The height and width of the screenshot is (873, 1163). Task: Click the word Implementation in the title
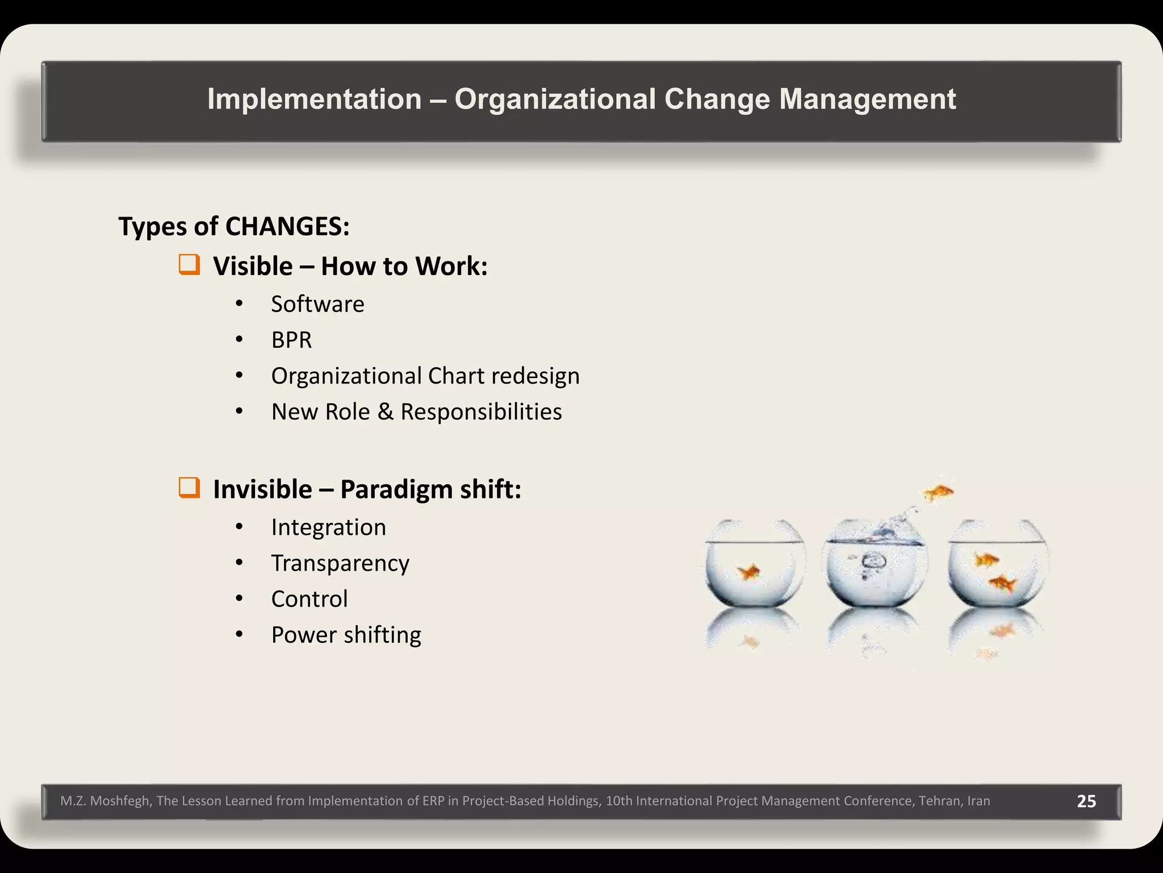point(314,99)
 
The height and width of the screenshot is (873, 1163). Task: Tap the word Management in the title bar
point(867,99)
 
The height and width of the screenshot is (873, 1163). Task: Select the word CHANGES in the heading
point(287,226)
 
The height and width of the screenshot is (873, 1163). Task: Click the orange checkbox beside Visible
point(189,265)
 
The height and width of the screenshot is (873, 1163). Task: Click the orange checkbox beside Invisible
point(189,488)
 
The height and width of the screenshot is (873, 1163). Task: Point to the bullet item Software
point(317,304)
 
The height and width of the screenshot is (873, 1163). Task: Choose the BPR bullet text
point(291,340)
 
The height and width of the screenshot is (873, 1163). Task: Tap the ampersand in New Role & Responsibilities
point(385,411)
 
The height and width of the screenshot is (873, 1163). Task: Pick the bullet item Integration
point(328,527)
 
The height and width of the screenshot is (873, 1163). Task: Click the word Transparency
point(340,563)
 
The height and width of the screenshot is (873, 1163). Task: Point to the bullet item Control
point(309,599)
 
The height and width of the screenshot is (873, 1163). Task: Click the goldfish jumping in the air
point(938,492)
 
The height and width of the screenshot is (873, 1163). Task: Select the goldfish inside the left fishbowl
point(750,572)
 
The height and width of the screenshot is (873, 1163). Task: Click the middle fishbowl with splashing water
point(876,568)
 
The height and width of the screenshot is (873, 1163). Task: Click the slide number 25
point(1086,801)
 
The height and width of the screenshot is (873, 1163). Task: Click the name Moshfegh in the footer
point(120,801)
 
